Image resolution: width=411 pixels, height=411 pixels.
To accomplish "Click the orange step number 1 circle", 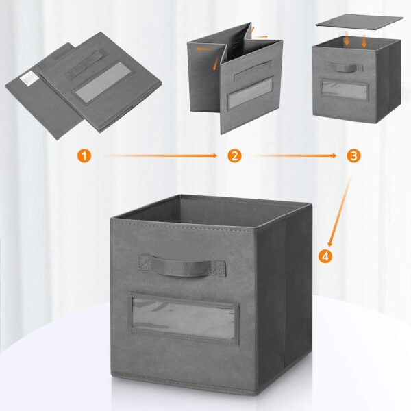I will coord(84,156).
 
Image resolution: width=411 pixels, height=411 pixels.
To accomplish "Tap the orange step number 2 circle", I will coord(235,156).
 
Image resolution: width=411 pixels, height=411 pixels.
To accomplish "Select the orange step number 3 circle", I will coord(353,156).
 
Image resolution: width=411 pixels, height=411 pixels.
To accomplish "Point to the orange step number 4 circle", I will coord(325,257).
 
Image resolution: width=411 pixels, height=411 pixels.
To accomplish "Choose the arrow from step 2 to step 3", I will coord(295,156).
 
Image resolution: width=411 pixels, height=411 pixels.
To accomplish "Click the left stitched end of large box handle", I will coord(146,262).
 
